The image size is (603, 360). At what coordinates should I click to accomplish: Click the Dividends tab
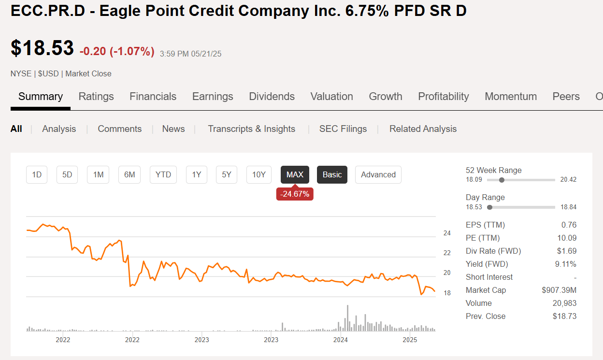click(x=272, y=97)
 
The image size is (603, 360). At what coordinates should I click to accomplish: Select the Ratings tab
click(x=96, y=97)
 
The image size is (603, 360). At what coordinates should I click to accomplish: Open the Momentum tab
click(x=511, y=97)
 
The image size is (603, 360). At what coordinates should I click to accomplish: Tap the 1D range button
click(x=37, y=175)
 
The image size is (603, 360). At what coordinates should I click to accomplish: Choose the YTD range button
click(x=163, y=175)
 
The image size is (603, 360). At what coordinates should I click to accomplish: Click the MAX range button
click(x=295, y=175)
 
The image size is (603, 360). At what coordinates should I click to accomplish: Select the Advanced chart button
click(x=378, y=175)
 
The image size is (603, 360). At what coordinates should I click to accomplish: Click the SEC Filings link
click(x=343, y=129)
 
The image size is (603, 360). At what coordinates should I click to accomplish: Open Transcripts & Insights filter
click(x=251, y=129)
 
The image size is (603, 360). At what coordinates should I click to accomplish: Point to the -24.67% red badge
click(x=295, y=194)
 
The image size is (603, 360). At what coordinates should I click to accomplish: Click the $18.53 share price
click(x=43, y=48)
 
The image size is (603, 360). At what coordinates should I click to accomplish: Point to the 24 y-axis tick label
click(x=447, y=233)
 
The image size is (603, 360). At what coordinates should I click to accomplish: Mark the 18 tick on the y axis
click(x=447, y=293)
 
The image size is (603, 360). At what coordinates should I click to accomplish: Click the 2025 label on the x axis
click(x=410, y=340)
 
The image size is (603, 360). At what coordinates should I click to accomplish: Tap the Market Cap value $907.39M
click(x=559, y=290)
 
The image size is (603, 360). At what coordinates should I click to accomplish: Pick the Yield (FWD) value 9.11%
click(x=566, y=264)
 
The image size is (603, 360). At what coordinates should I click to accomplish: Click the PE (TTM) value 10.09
click(x=567, y=238)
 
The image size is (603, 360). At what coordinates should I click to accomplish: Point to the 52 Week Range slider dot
click(x=502, y=180)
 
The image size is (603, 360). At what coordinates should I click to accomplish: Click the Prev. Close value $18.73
click(x=564, y=317)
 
